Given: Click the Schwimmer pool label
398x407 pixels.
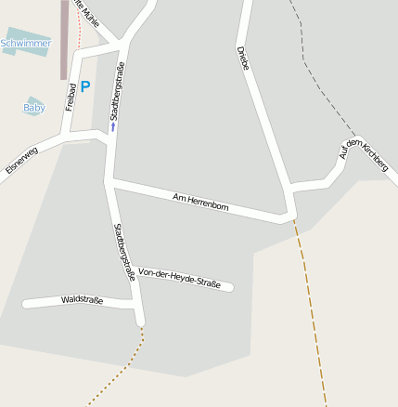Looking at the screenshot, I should click(x=26, y=43).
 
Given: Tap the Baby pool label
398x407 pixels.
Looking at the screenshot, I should click(x=33, y=108).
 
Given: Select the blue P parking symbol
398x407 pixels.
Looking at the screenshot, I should click(x=85, y=86).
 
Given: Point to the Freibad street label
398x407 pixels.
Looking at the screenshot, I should click(x=70, y=98).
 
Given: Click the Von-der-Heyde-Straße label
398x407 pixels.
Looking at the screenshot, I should click(x=179, y=277).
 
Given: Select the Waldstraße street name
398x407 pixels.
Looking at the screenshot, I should click(x=82, y=300).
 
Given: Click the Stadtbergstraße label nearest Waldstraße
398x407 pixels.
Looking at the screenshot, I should click(x=124, y=252).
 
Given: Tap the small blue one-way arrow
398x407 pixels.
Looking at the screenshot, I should click(x=113, y=128).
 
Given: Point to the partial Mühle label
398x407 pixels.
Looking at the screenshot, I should click(x=90, y=17).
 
